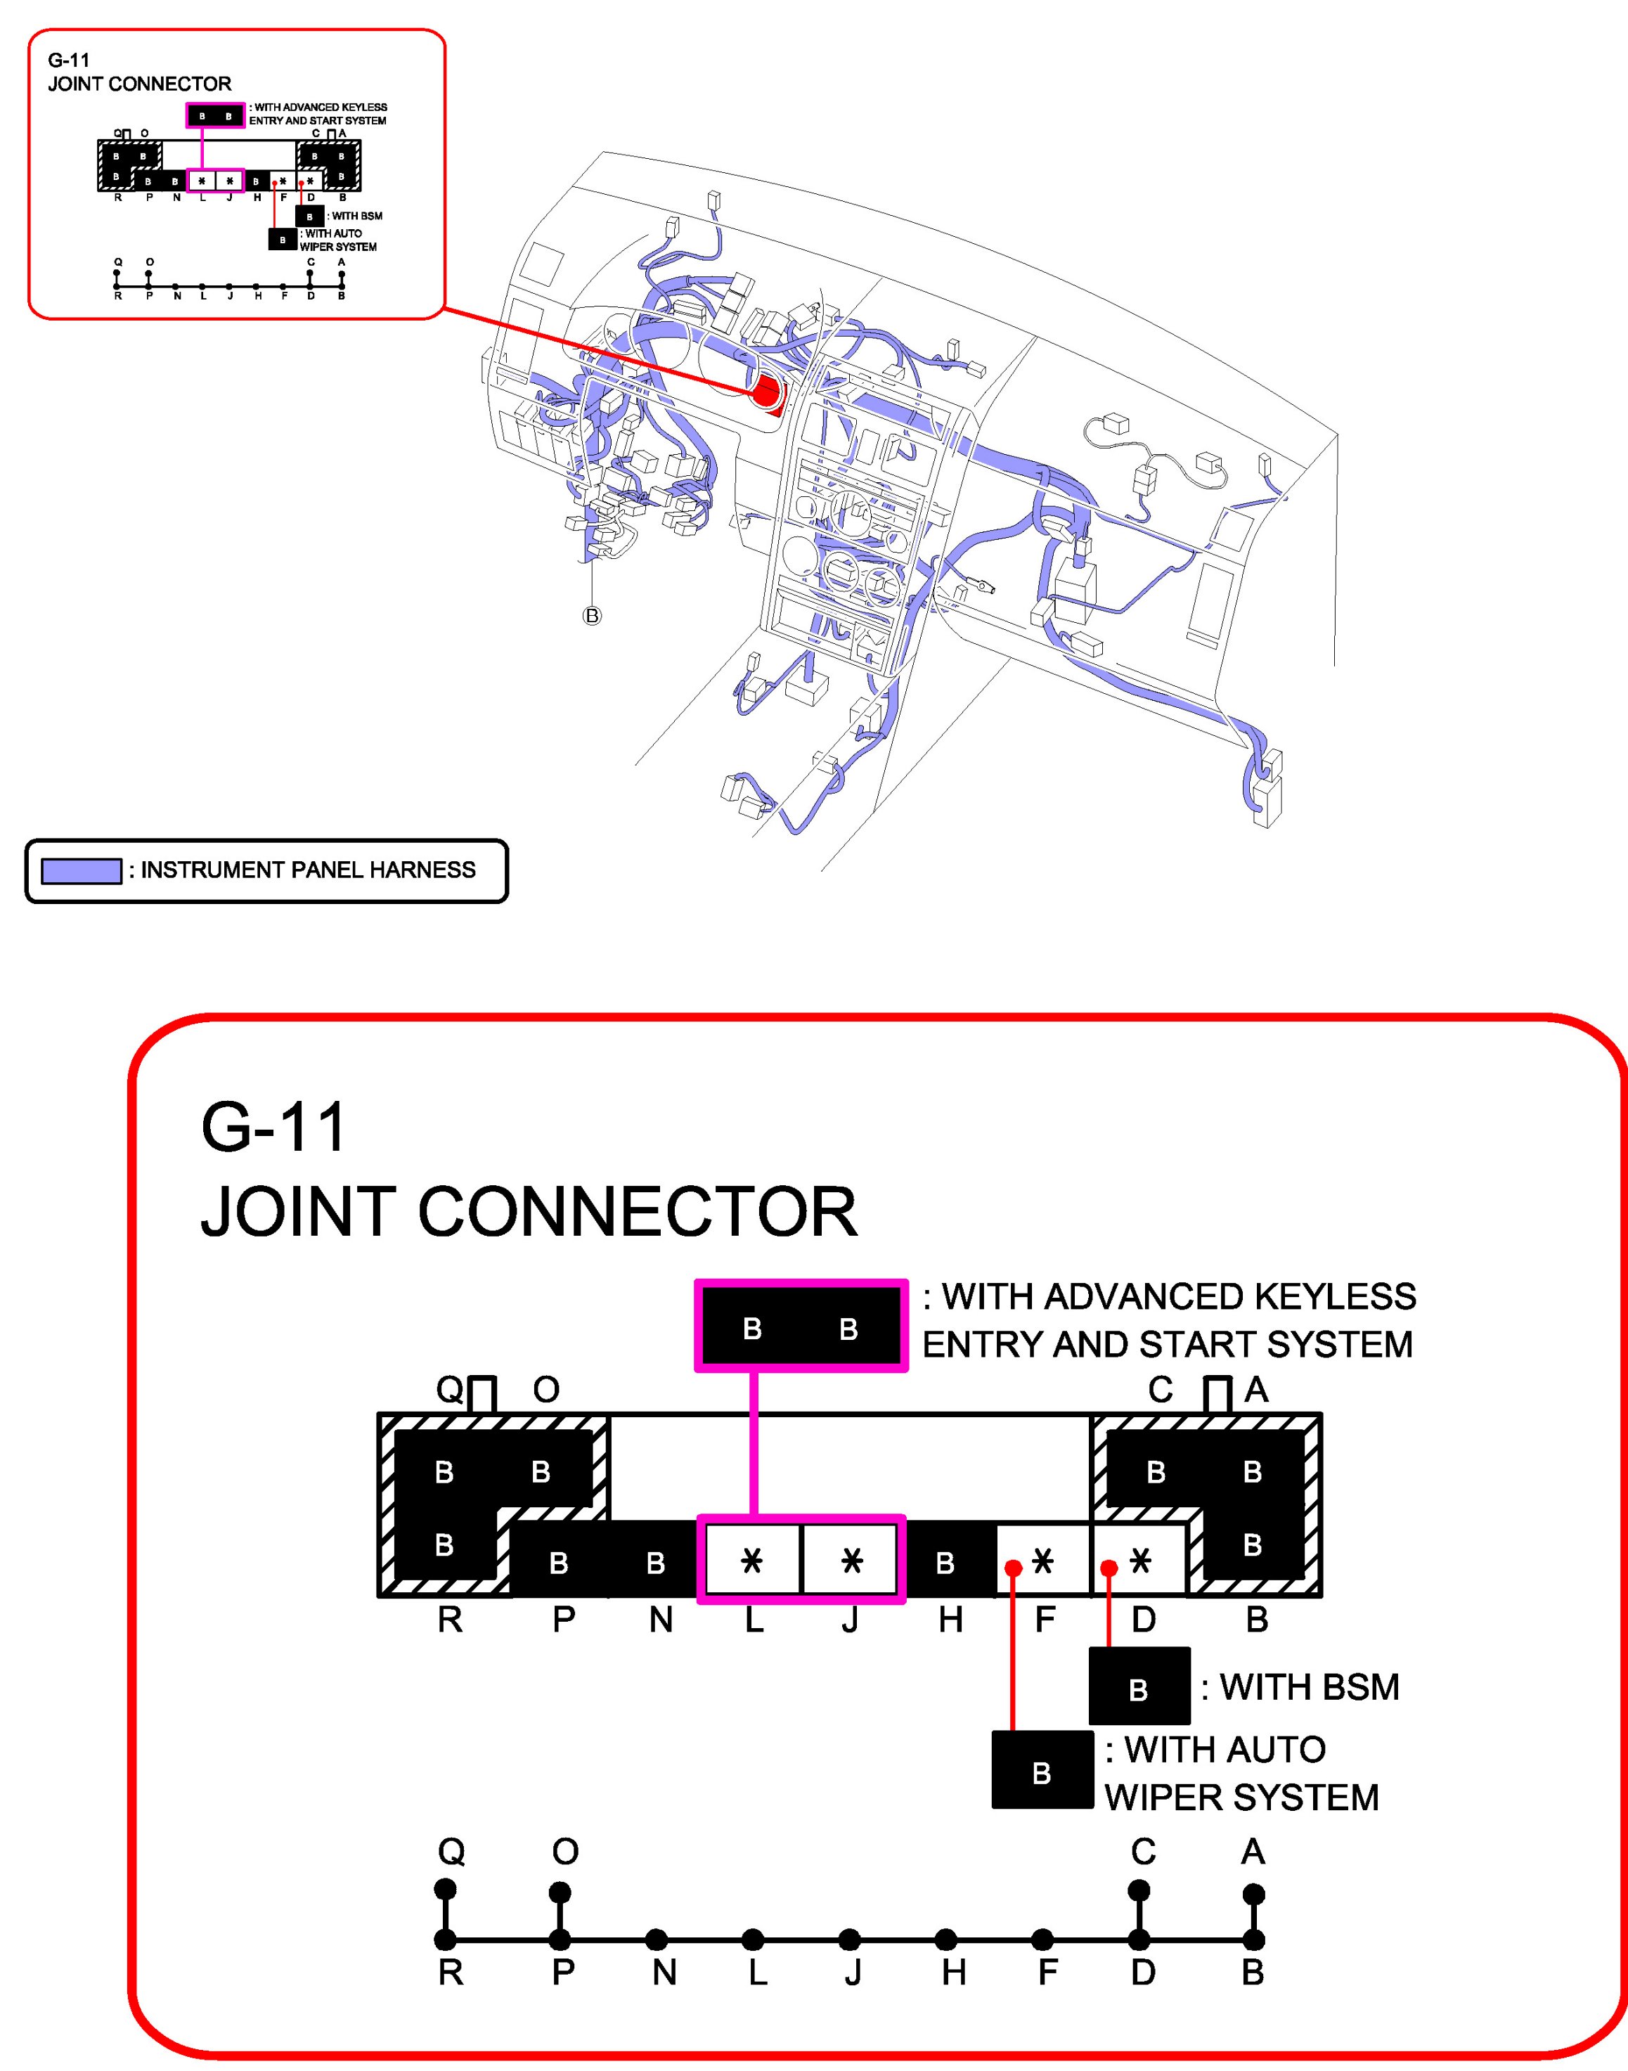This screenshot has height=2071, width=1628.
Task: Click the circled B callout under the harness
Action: [592, 616]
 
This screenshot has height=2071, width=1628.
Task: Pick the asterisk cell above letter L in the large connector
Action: [752, 1560]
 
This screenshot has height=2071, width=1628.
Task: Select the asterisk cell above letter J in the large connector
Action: [851, 1560]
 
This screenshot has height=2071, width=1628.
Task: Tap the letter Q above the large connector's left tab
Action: [450, 1390]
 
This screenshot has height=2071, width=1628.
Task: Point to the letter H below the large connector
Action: [950, 1619]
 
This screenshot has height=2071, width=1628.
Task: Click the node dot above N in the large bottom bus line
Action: [656, 1940]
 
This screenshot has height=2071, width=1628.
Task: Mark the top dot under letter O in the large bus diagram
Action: [560, 1892]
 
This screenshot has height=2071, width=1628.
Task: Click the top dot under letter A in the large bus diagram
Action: [1254, 1894]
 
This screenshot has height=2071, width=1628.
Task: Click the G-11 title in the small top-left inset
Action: [69, 60]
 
